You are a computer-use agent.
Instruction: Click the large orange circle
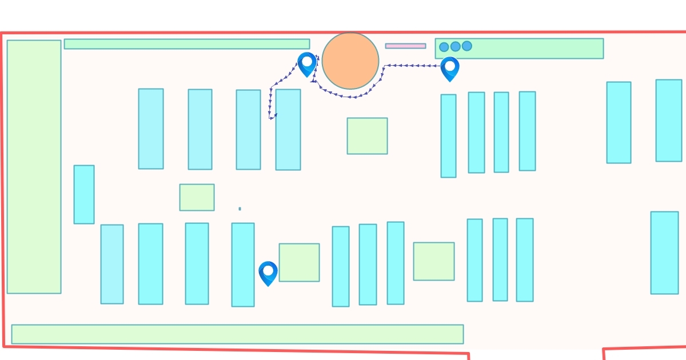(x=350, y=61)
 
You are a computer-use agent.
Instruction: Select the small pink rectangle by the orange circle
(x=405, y=46)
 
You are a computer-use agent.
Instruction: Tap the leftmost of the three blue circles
(x=444, y=47)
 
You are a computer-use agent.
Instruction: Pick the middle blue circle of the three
(x=456, y=46)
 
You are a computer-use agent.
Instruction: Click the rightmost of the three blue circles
(x=467, y=46)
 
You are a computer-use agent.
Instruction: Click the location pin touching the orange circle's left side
(x=307, y=63)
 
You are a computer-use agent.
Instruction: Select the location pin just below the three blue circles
(x=450, y=67)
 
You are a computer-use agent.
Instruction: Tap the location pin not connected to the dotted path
(x=268, y=272)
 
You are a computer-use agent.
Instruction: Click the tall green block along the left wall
(x=34, y=166)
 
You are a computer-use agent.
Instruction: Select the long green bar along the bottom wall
(x=237, y=334)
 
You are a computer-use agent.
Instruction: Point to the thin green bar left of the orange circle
(x=187, y=44)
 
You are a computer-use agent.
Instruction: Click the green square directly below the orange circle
(x=367, y=136)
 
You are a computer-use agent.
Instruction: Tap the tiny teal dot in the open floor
(x=240, y=209)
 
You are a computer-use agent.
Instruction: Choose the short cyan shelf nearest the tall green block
(x=84, y=194)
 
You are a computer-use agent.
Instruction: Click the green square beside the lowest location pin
(x=299, y=262)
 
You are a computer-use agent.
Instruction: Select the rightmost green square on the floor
(x=434, y=261)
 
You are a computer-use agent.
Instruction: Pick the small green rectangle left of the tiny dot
(x=197, y=197)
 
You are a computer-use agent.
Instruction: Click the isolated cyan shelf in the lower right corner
(x=664, y=253)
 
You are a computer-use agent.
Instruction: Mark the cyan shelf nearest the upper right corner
(x=668, y=120)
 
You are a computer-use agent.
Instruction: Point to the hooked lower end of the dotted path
(x=272, y=118)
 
